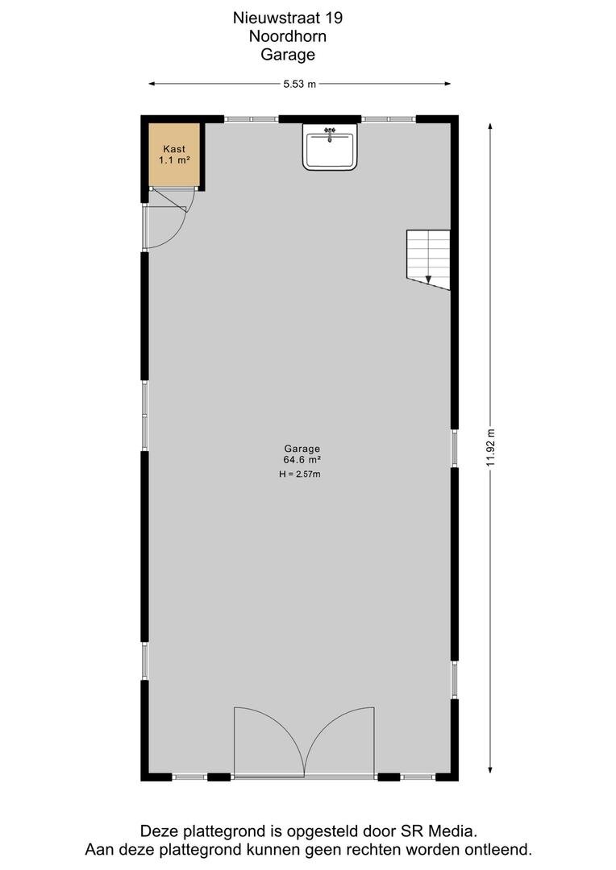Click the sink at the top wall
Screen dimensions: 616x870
[x=330, y=147]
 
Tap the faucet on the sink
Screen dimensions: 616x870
[x=330, y=133]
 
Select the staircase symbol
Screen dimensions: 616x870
[x=428, y=259]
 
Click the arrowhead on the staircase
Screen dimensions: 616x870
[x=428, y=279]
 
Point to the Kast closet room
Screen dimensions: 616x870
[x=174, y=155]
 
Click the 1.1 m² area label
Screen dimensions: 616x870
[x=174, y=160]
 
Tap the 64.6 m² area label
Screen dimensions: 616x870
[x=302, y=460]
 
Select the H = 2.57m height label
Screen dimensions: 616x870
[x=300, y=474]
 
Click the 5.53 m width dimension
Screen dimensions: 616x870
[x=299, y=85]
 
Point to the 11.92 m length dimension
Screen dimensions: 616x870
[x=490, y=448]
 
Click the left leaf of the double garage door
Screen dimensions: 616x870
[x=268, y=742]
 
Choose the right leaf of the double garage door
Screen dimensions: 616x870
[x=339, y=742]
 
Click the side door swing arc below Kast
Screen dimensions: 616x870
[x=177, y=233]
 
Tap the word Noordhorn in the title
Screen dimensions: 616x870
[x=288, y=36]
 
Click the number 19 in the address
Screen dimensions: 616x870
[x=335, y=18]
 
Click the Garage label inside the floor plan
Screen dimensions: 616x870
[x=302, y=449]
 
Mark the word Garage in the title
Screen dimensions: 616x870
[x=288, y=55]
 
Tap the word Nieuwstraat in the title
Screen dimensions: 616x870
[x=277, y=18]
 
